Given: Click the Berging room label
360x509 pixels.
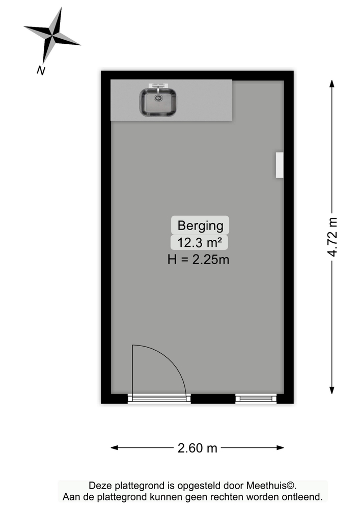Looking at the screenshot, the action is click(x=200, y=225).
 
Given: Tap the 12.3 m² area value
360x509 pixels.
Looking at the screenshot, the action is click(x=199, y=242).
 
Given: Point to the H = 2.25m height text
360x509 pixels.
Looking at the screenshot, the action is click(x=199, y=260).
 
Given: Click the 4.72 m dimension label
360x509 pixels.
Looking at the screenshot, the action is click(x=333, y=237).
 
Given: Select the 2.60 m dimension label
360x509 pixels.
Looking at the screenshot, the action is click(x=198, y=448).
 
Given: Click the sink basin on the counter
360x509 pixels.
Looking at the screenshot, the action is click(x=158, y=102).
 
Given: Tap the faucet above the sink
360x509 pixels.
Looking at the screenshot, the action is click(x=158, y=87).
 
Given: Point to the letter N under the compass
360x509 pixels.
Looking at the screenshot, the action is click(x=41, y=70).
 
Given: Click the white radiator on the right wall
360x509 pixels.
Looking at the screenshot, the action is click(x=280, y=165).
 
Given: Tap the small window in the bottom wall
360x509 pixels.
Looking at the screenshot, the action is click(x=256, y=399).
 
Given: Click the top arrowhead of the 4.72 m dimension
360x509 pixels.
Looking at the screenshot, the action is click(x=332, y=83).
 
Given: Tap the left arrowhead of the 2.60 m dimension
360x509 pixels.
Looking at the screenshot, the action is click(x=114, y=448).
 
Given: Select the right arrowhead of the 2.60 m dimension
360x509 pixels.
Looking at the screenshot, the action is click(x=280, y=448).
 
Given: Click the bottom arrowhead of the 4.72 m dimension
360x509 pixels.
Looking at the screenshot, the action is click(x=332, y=390).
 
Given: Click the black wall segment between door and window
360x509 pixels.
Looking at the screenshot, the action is click(x=213, y=399).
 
